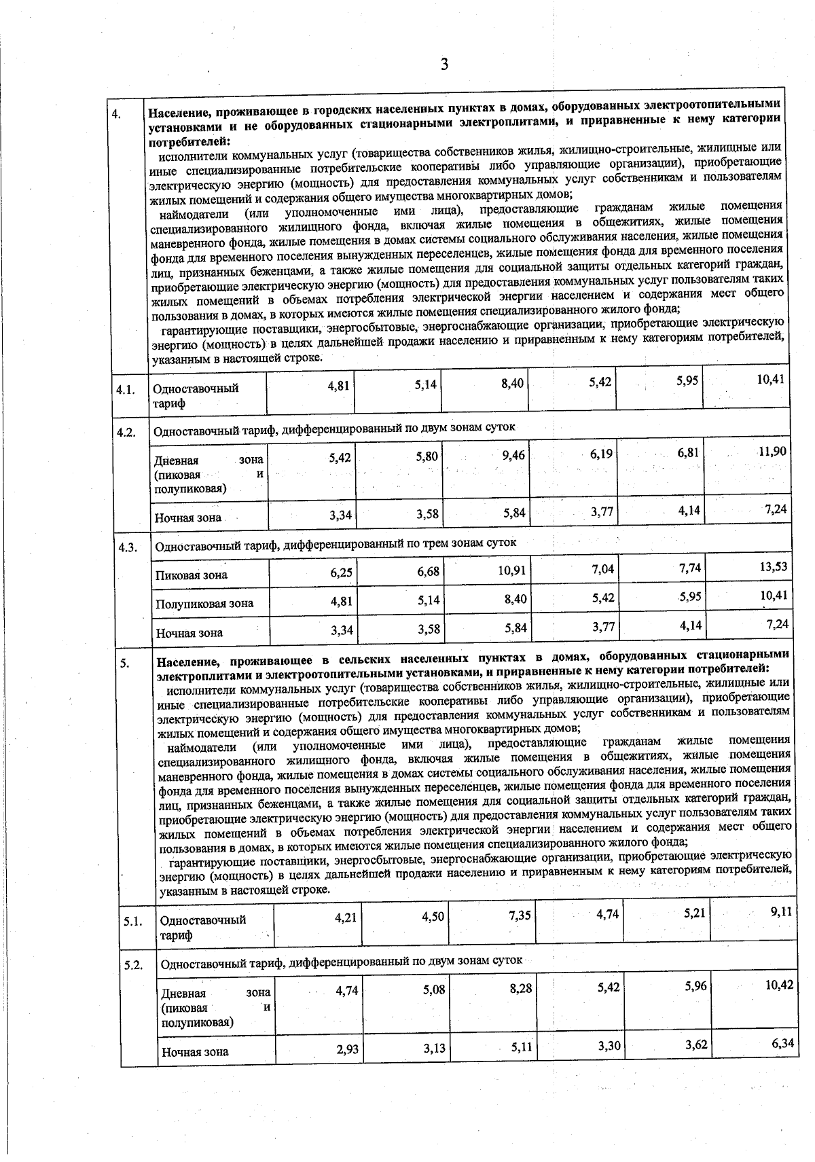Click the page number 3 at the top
point(444,65)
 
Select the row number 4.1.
point(126,390)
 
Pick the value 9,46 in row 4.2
point(513,455)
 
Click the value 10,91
point(512,570)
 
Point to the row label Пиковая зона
point(192,575)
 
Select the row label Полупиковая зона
point(205,604)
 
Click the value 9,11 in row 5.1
point(781,912)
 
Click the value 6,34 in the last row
point(782,1043)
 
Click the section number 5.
point(126,664)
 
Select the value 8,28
point(521,989)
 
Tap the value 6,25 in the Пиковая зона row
point(342,573)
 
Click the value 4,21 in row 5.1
point(346,918)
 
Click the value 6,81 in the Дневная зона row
point(688,452)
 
